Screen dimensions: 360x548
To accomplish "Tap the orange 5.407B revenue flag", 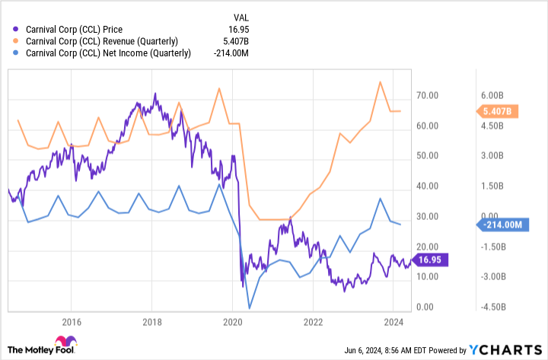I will point(499,111).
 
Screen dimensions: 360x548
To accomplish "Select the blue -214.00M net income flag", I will point(500,225).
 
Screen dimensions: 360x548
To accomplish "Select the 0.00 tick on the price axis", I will point(425,307).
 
